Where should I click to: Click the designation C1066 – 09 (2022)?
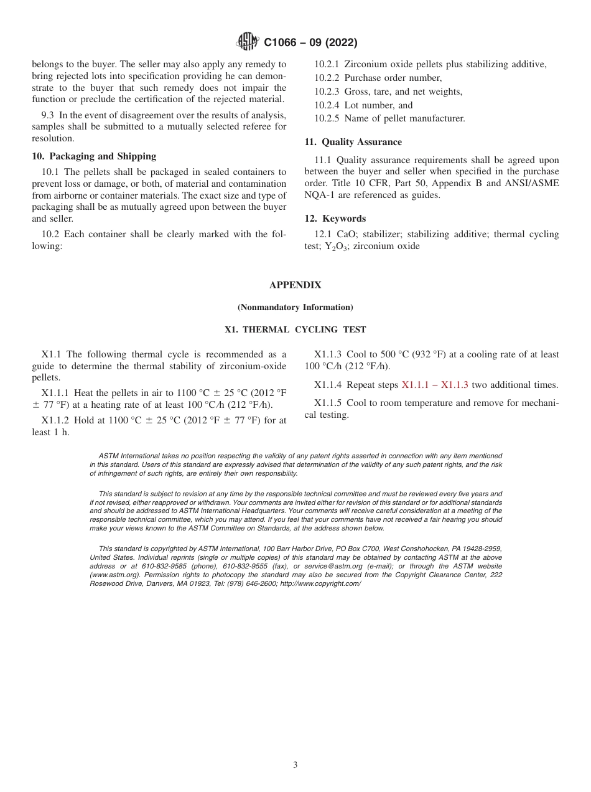pos(310,42)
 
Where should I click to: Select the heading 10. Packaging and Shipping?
pos(94,156)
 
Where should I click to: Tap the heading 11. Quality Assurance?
pos(353,142)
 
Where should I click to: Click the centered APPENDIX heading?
pos(295,285)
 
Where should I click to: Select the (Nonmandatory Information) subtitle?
pos(295,308)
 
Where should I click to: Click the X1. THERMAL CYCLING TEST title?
pos(295,330)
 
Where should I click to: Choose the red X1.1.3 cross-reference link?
pos(454,385)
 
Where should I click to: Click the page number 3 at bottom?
pos(295,765)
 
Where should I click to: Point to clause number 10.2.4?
pos(327,105)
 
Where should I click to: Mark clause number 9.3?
pos(49,115)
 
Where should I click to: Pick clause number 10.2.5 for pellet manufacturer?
pos(327,118)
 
